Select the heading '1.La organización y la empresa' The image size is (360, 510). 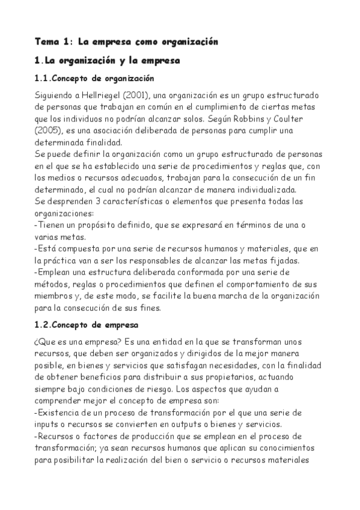click(107, 61)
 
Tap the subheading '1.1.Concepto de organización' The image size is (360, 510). click(94, 79)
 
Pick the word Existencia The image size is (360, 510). click(59, 413)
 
